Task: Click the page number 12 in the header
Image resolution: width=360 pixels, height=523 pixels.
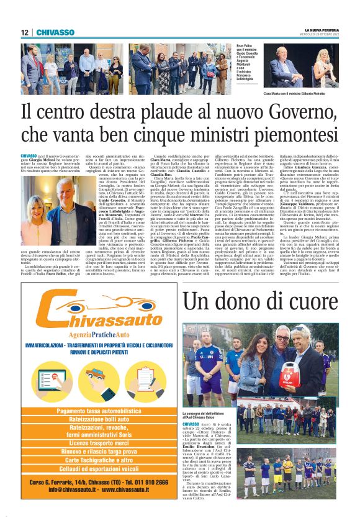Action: [24, 32]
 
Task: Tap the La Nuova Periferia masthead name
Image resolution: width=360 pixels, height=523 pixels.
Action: [317, 29]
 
